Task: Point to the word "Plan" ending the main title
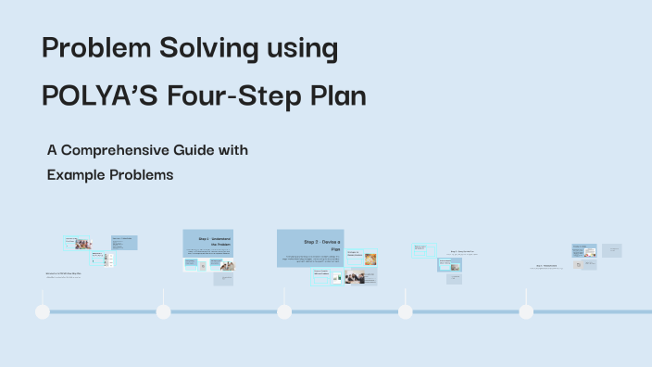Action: [x=339, y=95]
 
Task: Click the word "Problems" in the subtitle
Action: [x=142, y=173]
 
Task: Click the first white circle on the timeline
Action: [x=43, y=311]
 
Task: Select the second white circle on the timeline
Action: [x=163, y=311]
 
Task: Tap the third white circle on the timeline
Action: [x=284, y=311]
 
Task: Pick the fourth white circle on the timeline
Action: [x=405, y=311]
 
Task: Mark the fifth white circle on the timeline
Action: [x=526, y=311]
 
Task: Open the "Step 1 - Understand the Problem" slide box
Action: [x=208, y=243]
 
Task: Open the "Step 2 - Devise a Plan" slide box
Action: [x=310, y=248]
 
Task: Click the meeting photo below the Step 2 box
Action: [x=354, y=277]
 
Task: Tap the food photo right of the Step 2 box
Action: [x=370, y=259]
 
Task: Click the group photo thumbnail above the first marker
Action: [x=83, y=244]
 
